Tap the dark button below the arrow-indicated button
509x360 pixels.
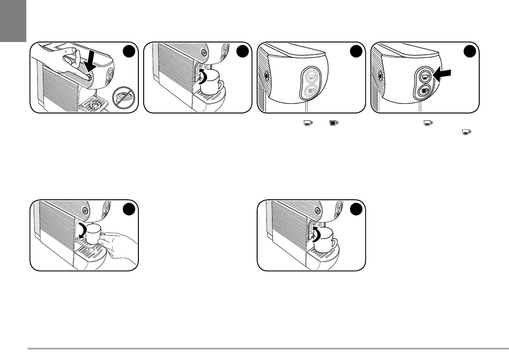pyautogui.click(x=424, y=91)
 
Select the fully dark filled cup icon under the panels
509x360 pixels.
pyautogui.click(x=335, y=124)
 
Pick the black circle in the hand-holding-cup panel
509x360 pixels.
pyautogui.click(x=128, y=209)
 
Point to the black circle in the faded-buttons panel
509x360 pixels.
pyautogui.click(x=356, y=52)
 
